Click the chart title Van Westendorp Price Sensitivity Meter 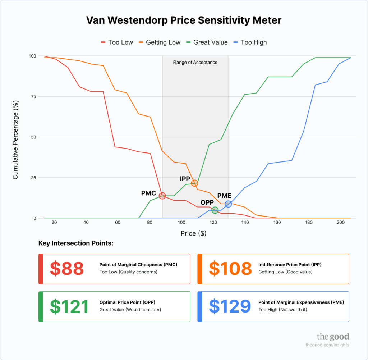coord(184,20)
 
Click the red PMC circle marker coord(162,196)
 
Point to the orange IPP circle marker coord(194,183)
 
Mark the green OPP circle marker coord(215,210)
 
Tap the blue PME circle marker coord(228,204)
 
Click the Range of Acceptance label coord(195,62)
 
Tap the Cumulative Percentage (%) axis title coord(15,137)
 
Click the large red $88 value coord(67,269)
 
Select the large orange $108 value coord(230,269)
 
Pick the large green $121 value coord(69,306)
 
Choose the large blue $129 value coord(230,306)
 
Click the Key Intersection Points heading coord(76,243)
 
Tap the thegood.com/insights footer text coord(327,345)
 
